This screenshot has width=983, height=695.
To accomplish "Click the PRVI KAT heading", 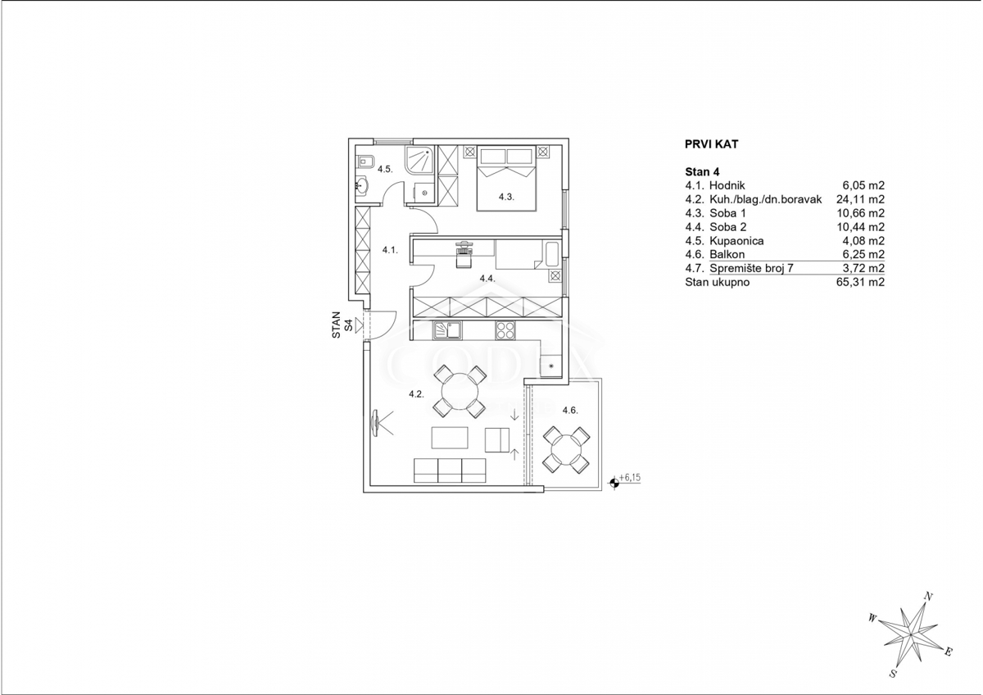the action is tap(711, 144).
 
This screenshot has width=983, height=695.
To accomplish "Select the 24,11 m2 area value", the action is tap(860, 199).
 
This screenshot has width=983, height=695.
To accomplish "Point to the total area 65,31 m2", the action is tap(860, 282).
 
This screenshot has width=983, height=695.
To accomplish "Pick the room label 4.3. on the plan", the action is tap(506, 198).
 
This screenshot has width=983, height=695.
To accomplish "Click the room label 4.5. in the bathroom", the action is tap(385, 169).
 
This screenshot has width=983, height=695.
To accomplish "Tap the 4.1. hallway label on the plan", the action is tap(390, 250).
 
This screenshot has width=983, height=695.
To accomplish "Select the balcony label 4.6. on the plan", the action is tap(570, 411).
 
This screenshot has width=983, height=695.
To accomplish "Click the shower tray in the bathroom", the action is tap(420, 159).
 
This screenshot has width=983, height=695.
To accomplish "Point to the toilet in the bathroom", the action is tap(365, 162).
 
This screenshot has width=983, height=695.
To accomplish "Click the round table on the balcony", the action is tap(566, 451).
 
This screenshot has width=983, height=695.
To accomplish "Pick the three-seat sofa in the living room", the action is tap(450, 470).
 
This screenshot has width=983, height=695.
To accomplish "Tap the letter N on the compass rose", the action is tap(928, 596).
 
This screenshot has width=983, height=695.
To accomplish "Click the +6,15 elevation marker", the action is tap(626, 482).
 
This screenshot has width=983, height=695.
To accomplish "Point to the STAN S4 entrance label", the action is tap(342, 325).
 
